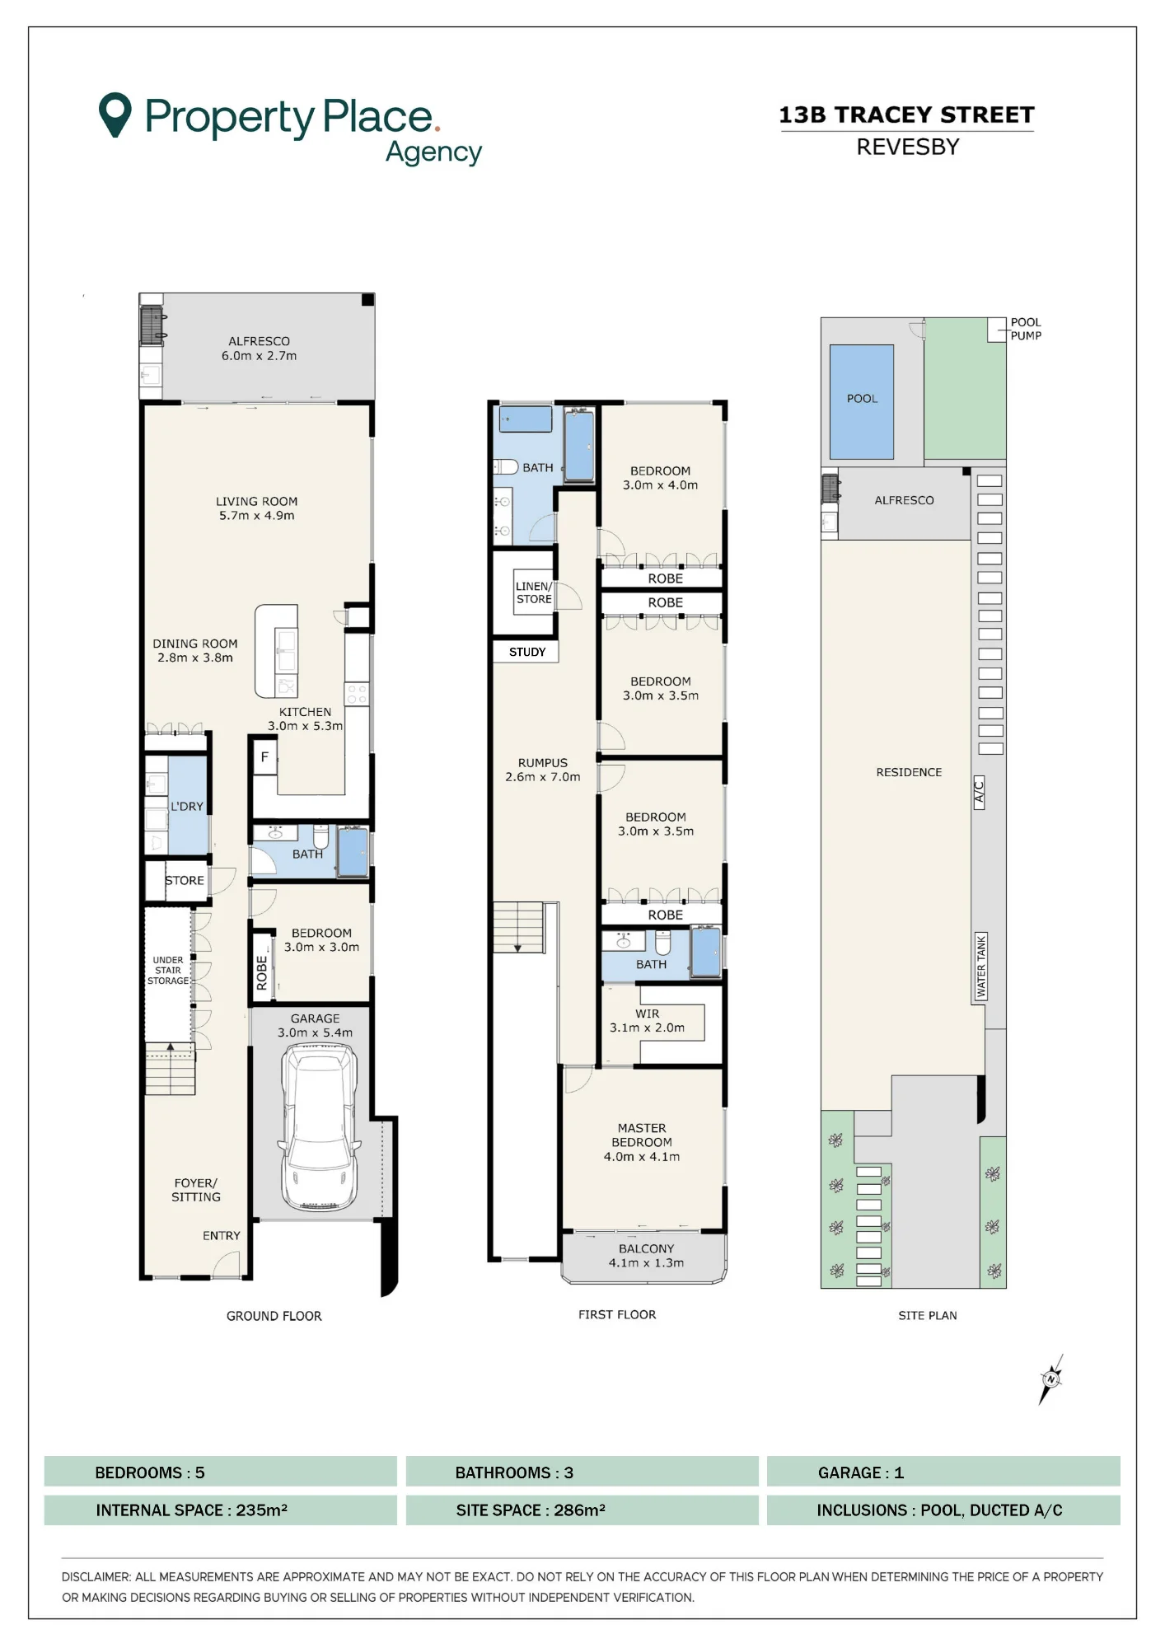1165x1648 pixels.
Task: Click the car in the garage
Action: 319,1126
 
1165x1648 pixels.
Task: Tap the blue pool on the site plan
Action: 861,401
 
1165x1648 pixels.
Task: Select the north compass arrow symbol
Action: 1051,1379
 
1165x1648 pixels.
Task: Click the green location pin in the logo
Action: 115,115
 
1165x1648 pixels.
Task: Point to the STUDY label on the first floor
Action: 527,652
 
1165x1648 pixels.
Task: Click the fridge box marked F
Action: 264,756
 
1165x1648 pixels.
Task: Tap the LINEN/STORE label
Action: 534,592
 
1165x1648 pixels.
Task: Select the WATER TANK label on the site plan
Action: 980,967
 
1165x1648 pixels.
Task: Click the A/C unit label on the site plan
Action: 979,792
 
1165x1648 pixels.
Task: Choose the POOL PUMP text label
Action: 1026,329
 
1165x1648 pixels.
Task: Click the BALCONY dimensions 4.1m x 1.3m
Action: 646,1262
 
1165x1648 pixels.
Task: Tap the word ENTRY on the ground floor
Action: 222,1235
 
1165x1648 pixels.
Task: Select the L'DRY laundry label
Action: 187,806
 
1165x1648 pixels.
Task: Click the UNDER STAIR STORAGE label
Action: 168,970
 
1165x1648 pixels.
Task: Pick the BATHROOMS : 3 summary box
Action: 582,1472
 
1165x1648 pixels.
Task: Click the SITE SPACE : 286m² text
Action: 531,1510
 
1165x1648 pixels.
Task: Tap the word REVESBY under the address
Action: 908,147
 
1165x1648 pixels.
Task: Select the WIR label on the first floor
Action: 647,1014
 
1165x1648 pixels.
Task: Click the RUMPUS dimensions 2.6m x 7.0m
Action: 543,776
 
